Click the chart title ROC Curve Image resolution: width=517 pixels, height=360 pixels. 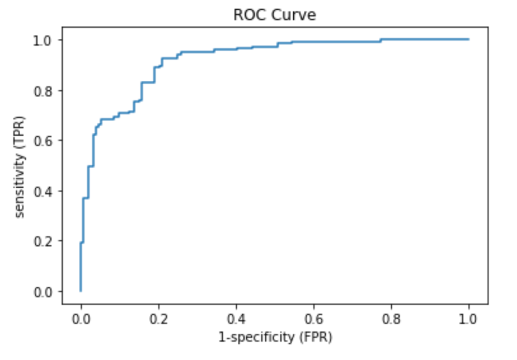pyautogui.click(x=274, y=15)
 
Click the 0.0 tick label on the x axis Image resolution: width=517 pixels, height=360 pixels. pyautogui.click(x=81, y=319)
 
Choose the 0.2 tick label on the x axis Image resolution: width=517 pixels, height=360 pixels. pyautogui.click(x=159, y=319)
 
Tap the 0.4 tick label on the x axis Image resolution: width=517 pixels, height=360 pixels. pyautogui.click(x=236, y=319)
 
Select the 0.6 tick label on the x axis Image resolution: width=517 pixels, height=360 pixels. pyautogui.click(x=314, y=319)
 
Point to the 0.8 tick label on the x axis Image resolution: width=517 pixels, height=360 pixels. pyautogui.click(x=391, y=319)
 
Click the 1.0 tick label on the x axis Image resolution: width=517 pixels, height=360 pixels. pyautogui.click(x=469, y=319)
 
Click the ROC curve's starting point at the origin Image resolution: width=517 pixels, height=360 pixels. pyautogui.click(x=81, y=291)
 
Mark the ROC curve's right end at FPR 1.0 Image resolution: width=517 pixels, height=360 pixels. pyautogui.click(x=469, y=39)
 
